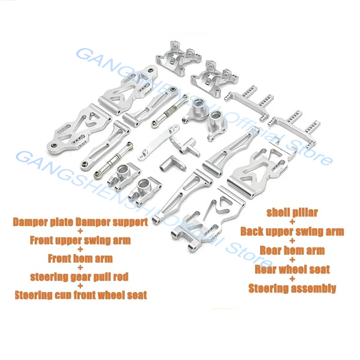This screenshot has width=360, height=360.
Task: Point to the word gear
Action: coord(80,277)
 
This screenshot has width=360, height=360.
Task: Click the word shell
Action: coord(279,212)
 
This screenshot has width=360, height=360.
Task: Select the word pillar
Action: coord(306,212)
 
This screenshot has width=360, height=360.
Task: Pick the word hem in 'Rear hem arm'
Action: coord(292,250)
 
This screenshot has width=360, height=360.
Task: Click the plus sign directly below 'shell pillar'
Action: coord(292,222)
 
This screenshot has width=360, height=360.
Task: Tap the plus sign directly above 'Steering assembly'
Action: coord(292,279)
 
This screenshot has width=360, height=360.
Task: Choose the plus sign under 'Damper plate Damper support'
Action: coord(81,231)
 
